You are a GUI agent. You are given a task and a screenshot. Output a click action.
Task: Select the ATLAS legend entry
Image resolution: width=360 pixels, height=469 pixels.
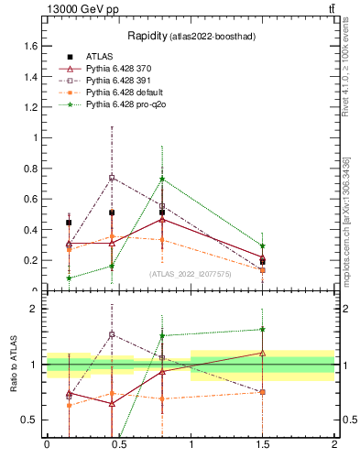(x=98, y=57)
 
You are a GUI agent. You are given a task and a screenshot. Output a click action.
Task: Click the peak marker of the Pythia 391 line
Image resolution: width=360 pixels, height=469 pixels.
(x=112, y=178)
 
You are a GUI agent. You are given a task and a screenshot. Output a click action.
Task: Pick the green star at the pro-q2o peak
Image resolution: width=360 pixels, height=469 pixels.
(x=162, y=180)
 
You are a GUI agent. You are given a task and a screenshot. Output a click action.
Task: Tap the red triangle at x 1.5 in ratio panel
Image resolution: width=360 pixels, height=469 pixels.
(x=263, y=353)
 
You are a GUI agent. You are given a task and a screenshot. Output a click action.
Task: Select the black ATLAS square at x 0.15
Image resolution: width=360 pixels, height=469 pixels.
(x=69, y=223)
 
